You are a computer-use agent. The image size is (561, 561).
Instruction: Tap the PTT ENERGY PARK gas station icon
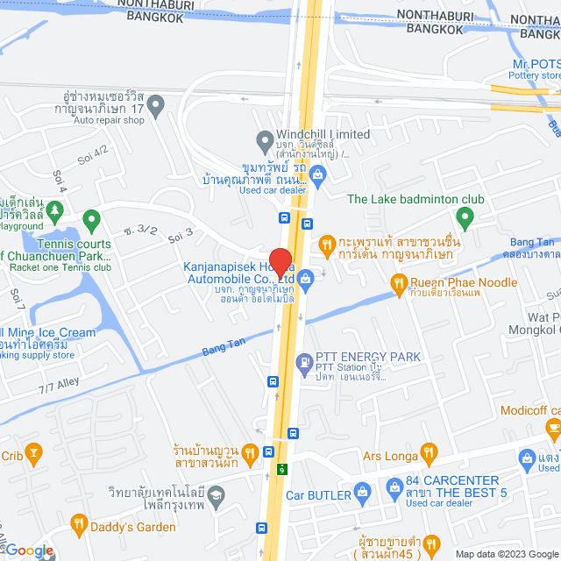click(304, 360)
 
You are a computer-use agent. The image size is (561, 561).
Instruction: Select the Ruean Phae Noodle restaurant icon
click(398, 282)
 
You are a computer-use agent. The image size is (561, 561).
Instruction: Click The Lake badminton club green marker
click(465, 217)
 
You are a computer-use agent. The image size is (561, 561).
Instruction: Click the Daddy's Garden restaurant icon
click(79, 525)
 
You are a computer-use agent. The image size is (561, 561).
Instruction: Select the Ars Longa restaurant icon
click(429, 454)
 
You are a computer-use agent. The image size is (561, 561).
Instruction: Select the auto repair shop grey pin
click(156, 108)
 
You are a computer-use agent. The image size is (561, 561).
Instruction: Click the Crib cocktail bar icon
click(34, 454)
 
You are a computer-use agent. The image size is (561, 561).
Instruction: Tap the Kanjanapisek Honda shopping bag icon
click(305, 281)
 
